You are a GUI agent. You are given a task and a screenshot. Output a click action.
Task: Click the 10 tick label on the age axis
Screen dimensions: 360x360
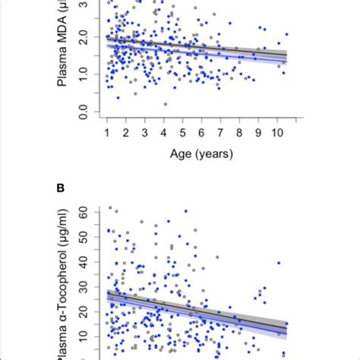(277, 132)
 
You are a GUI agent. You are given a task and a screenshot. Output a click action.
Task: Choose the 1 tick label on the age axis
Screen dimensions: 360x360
(107, 132)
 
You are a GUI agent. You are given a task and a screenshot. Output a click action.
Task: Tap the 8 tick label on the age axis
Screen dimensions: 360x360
(240, 132)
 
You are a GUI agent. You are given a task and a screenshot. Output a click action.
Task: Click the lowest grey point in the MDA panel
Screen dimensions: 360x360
(165, 104)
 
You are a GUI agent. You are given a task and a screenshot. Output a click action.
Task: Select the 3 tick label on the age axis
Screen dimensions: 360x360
(145, 132)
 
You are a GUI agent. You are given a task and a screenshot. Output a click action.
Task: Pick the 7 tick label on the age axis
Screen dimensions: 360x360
(221, 132)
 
